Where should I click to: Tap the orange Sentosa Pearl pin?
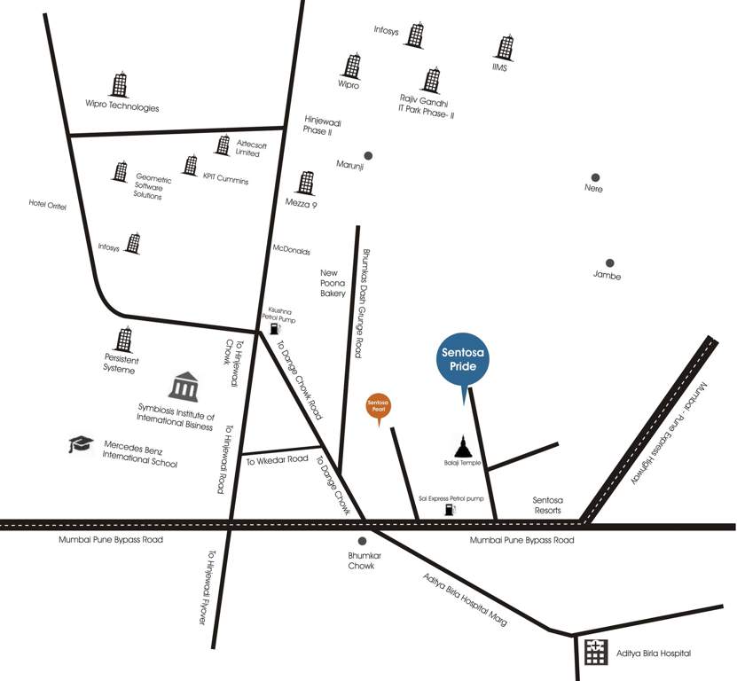(x=380, y=406)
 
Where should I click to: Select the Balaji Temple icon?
(x=462, y=445)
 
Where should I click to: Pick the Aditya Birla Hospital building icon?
(x=593, y=653)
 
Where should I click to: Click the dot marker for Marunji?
(x=368, y=155)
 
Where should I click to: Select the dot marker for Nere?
(x=595, y=177)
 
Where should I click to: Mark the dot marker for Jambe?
(x=609, y=262)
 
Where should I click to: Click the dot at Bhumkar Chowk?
(x=362, y=541)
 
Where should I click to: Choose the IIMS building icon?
(x=505, y=48)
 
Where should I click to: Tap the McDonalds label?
(x=291, y=250)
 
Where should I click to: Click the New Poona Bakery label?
(x=333, y=283)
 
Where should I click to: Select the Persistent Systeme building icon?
(x=124, y=340)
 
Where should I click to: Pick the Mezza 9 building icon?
(x=306, y=184)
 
